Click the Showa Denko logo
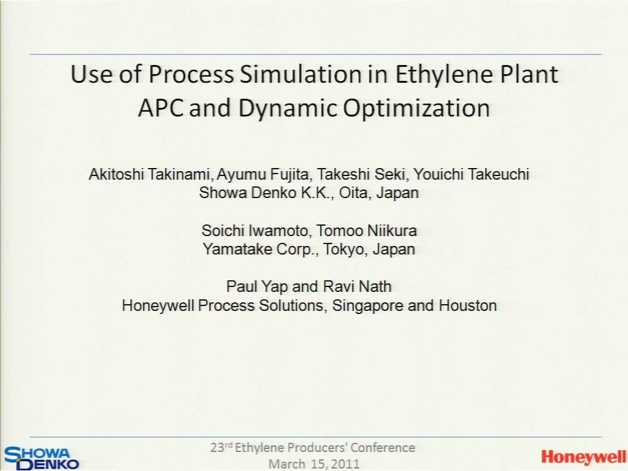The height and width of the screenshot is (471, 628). [x=41, y=458]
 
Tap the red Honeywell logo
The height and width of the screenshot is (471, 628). [x=583, y=457]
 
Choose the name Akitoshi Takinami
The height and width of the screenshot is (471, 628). [x=150, y=174]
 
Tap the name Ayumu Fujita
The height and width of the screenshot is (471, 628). [x=262, y=175]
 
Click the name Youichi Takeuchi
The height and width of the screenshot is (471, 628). [x=472, y=174]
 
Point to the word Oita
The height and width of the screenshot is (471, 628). [x=354, y=193]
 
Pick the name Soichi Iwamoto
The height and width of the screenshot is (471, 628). [x=255, y=231]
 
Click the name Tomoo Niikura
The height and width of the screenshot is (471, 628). [x=367, y=231]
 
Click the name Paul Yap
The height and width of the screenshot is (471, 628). [x=257, y=287]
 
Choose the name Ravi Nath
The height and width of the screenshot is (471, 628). [x=358, y=287]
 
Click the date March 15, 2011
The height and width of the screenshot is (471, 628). [x=314, y=464]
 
